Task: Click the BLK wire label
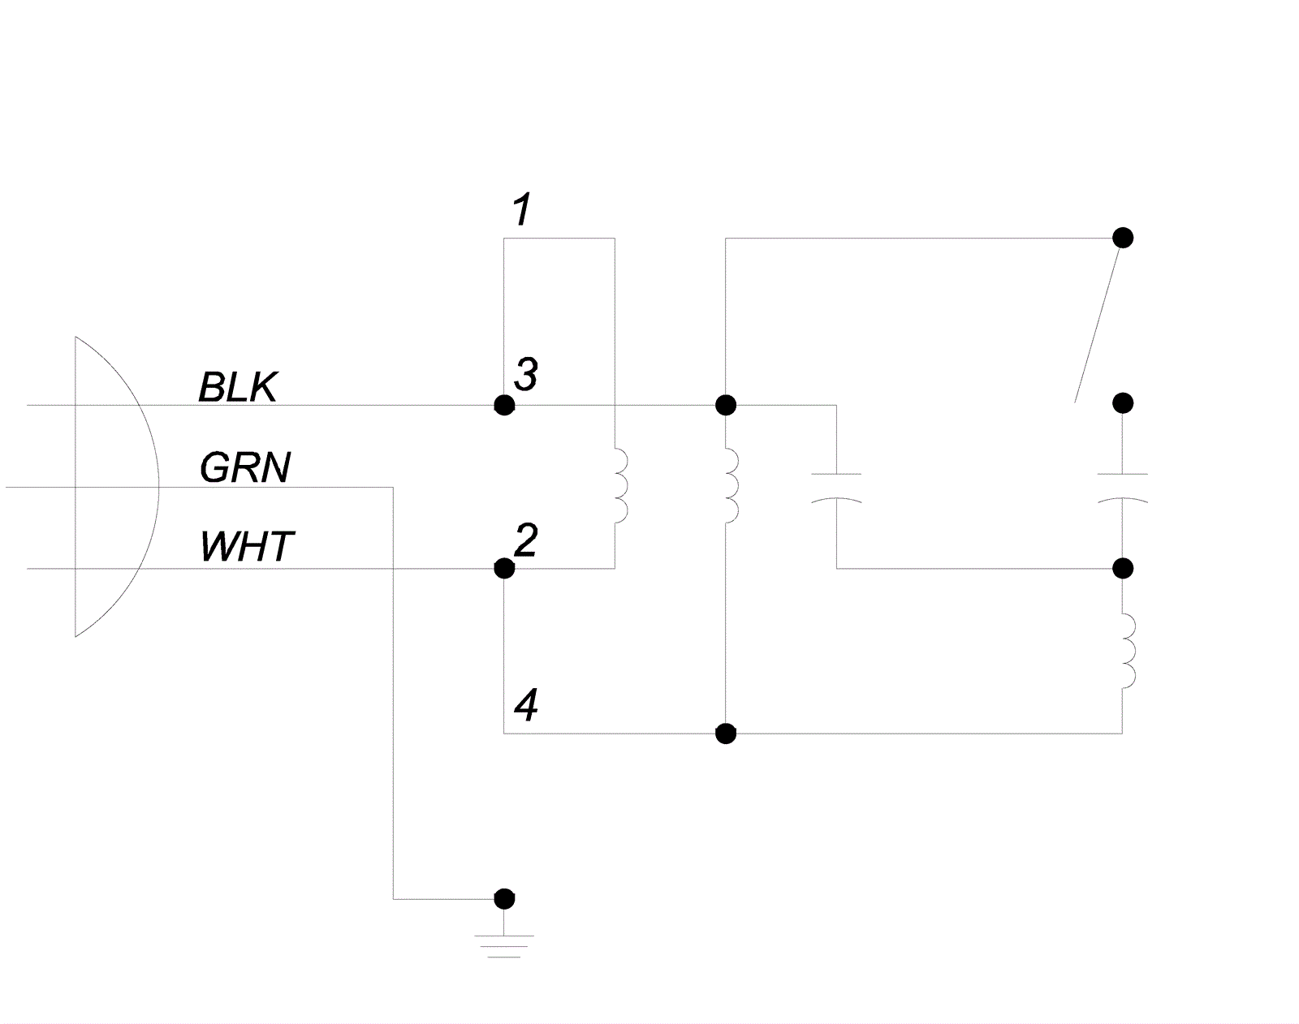coord(238,387)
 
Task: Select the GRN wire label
coord(245,467)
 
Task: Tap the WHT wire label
coord(247,546)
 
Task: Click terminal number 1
coord(522,209)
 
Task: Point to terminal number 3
coord(526,374)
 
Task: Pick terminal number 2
coord(526,540)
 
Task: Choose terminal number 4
coord(526,705)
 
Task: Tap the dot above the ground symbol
coord(504,899)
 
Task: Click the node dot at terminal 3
coord(504,405)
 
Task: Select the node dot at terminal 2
coord(504,569)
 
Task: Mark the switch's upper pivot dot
coord(1123,238)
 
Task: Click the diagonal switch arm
coord(1098,323)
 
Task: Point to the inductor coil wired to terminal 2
coord(621,486)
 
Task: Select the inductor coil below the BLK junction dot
coord(731,486)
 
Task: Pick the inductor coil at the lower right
coord(1129,652)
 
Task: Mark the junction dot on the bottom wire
coord(726,734)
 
